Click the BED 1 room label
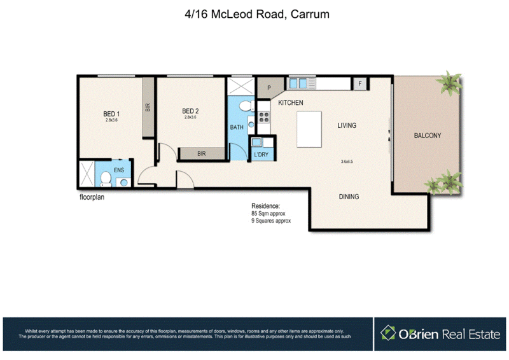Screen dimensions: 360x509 tap(111, 114)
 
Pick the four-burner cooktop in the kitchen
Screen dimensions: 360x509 tap(263, 118)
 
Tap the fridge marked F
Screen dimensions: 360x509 tap(360, 83)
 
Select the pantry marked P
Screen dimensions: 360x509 tap(268, 88)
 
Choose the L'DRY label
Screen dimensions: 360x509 tap(260, 155)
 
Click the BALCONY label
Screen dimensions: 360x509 tap(427, 135)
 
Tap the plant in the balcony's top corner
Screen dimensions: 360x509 tap(452, 83)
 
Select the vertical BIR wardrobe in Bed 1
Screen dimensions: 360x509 tap(148, 107)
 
